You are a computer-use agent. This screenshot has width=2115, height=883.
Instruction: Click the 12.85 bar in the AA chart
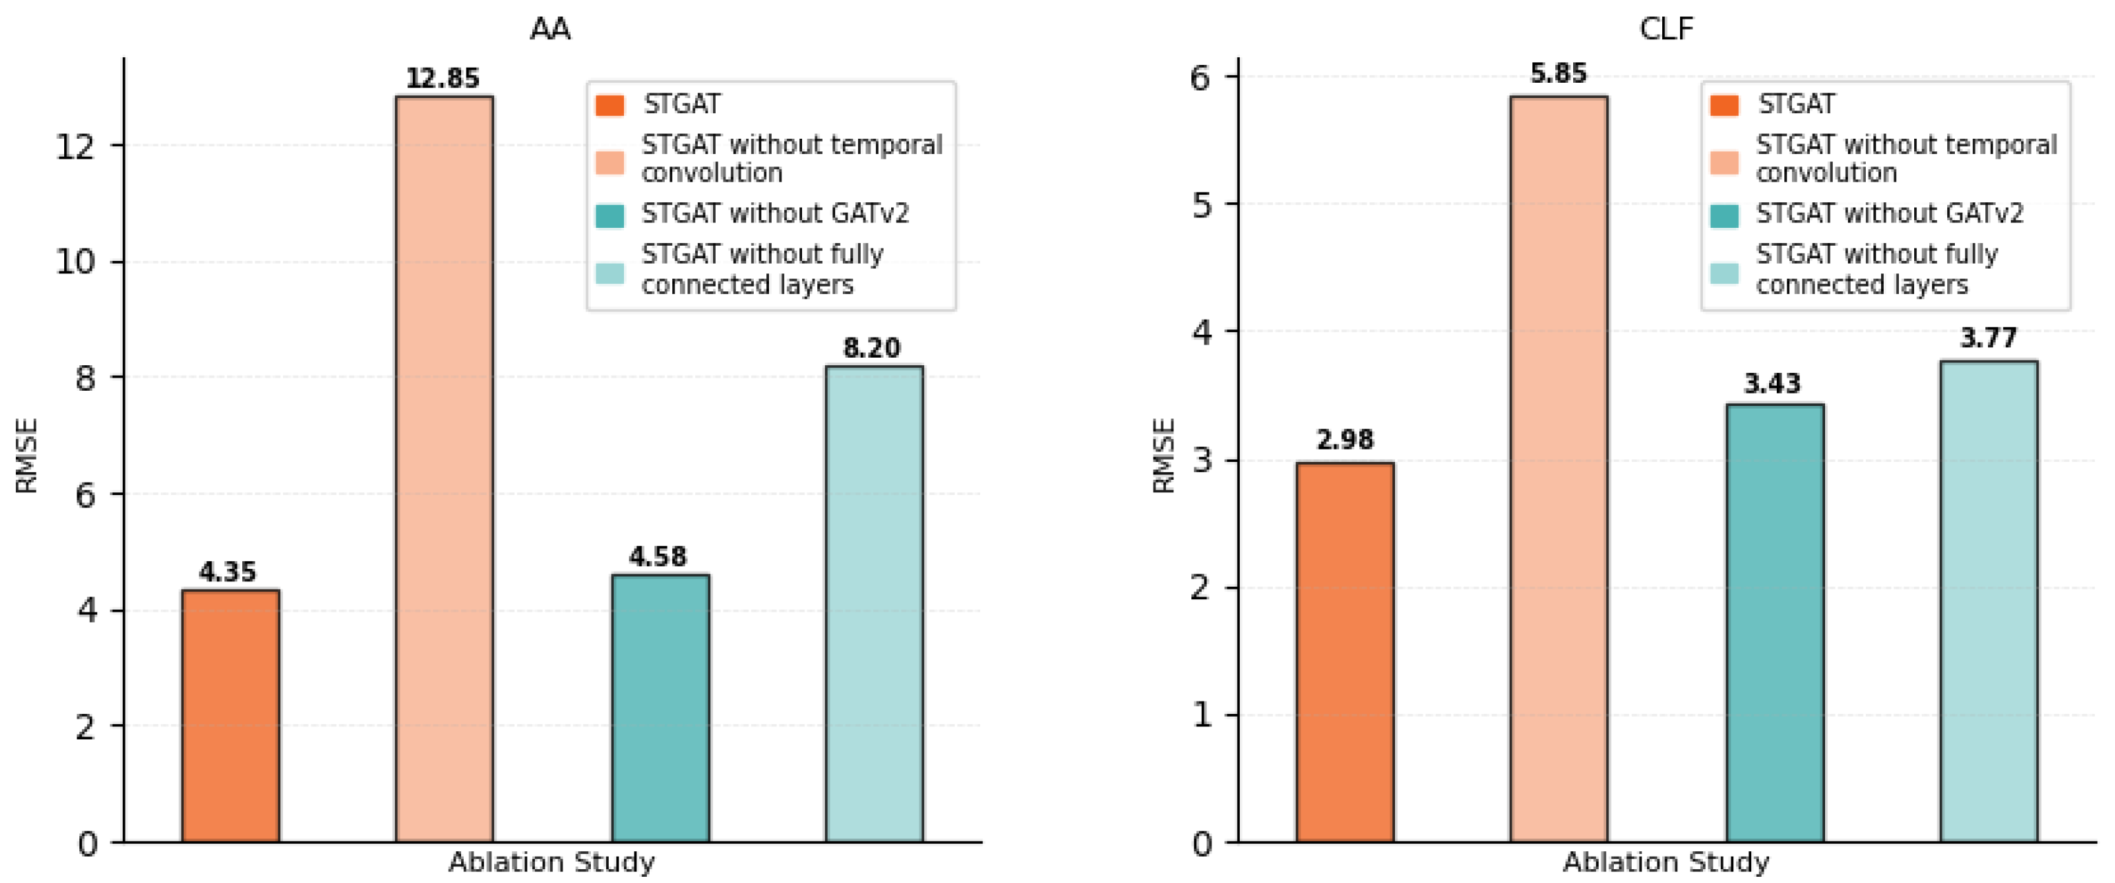(444, 468)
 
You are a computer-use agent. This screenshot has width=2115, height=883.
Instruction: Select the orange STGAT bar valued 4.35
(231, 715)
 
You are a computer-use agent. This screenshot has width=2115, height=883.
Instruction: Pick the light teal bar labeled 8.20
(875, 603)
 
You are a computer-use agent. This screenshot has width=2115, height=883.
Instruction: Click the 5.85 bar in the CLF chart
(1559, 468)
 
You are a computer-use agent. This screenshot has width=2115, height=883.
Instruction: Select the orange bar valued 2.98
(1345, 652)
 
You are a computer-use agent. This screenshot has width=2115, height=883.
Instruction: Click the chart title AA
(549, 29)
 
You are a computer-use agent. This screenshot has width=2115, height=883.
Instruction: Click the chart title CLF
(1666, 29)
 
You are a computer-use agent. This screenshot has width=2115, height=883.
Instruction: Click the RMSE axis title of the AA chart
(26, 455)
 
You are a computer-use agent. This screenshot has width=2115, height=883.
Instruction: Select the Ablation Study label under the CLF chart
(1666, 862)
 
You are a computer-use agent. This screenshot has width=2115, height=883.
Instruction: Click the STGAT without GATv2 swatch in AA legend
(610, 215)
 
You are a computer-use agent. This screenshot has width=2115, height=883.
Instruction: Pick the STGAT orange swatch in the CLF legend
(1724, 105)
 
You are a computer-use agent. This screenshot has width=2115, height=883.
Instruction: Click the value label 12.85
(442, 78)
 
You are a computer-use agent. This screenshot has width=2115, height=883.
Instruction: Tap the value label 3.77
(1988, 338)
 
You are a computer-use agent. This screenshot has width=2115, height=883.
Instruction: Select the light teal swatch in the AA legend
(610, 273)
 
